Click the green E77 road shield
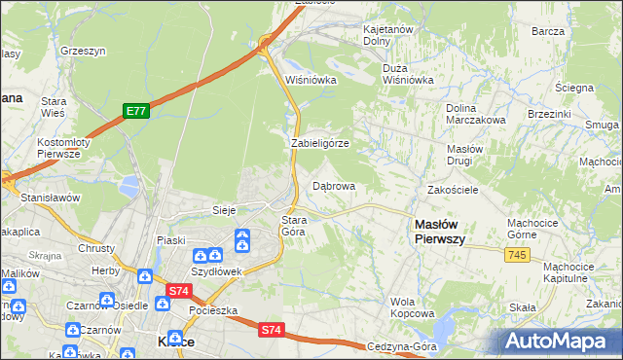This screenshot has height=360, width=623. (x=135, y=112)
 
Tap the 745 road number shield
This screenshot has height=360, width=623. (x=517, y=254)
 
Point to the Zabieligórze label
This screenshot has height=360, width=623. (x=320, y=143)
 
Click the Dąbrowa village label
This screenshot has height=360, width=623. (x=333, y=185)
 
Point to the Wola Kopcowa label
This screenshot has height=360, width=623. (x=411, y=307)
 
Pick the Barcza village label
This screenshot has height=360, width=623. (x=548, y=31)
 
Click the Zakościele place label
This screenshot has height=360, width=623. (x=453, y=190)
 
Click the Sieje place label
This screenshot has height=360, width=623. (x=225, y=210)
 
